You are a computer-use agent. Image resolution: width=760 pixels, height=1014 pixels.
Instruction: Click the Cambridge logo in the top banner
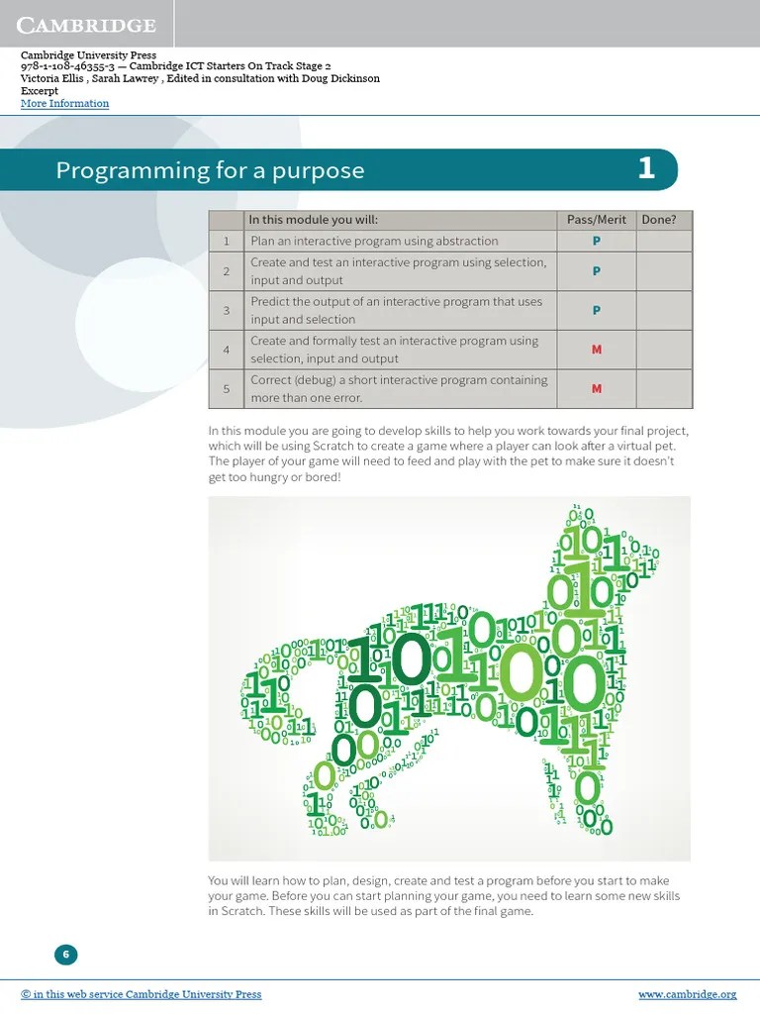88,25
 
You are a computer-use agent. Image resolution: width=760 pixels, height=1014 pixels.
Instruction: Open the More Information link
65,103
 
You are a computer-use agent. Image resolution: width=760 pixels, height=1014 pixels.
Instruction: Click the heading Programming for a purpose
210,170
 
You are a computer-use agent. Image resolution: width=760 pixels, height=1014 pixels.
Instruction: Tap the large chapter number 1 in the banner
645,169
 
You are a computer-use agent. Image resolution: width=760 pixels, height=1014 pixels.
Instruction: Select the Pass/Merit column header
596,220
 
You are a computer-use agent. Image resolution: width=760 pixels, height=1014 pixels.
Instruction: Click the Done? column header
659,220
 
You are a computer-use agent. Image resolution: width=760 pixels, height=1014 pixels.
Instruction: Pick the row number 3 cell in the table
226,311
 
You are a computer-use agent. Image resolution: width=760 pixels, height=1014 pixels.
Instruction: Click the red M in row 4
596,350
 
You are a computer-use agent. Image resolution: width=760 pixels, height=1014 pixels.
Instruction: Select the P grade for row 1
596,241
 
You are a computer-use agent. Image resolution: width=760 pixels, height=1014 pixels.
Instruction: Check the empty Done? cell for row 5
663,388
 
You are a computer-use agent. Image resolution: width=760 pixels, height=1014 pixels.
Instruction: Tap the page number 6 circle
65,955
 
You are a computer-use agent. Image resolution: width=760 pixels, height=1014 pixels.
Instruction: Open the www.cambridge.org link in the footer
687,994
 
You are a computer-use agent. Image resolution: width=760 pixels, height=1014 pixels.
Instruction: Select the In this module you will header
313,220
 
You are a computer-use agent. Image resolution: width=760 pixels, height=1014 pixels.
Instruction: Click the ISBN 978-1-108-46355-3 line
173,66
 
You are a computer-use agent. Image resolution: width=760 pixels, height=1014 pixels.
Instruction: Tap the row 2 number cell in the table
226,271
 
